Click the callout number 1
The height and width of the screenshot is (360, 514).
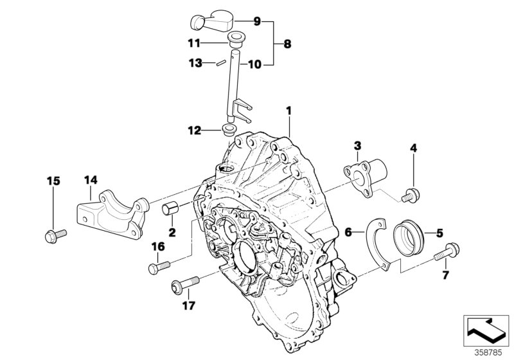point(289,111)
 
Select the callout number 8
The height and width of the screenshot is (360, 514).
point(287,44)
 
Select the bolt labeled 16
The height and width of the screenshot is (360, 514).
point(159,265)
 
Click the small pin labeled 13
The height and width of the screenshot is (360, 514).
point(219,63)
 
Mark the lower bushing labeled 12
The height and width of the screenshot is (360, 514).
point(227,131)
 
